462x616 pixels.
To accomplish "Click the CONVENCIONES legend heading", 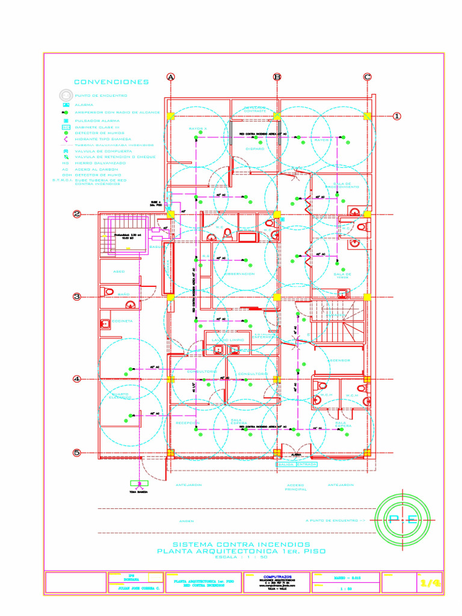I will click(111, 82).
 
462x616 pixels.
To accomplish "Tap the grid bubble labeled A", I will click(171, 77).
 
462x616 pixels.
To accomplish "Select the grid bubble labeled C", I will click(367, 77).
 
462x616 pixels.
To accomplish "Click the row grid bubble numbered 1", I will click(397, 116).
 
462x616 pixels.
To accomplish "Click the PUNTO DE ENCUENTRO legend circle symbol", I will click(65, 96).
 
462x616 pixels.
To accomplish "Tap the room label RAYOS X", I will click(198, 129).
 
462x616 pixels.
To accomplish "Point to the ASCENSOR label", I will click(339, 360).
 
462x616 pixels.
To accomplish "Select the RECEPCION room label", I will click(187, 423).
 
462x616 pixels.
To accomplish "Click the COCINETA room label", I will click(122, 321).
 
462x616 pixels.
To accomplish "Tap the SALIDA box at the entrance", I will click(285, 464).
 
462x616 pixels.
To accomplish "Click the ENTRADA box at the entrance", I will click(306, 464).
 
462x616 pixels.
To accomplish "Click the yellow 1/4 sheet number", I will click(430, 583).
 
